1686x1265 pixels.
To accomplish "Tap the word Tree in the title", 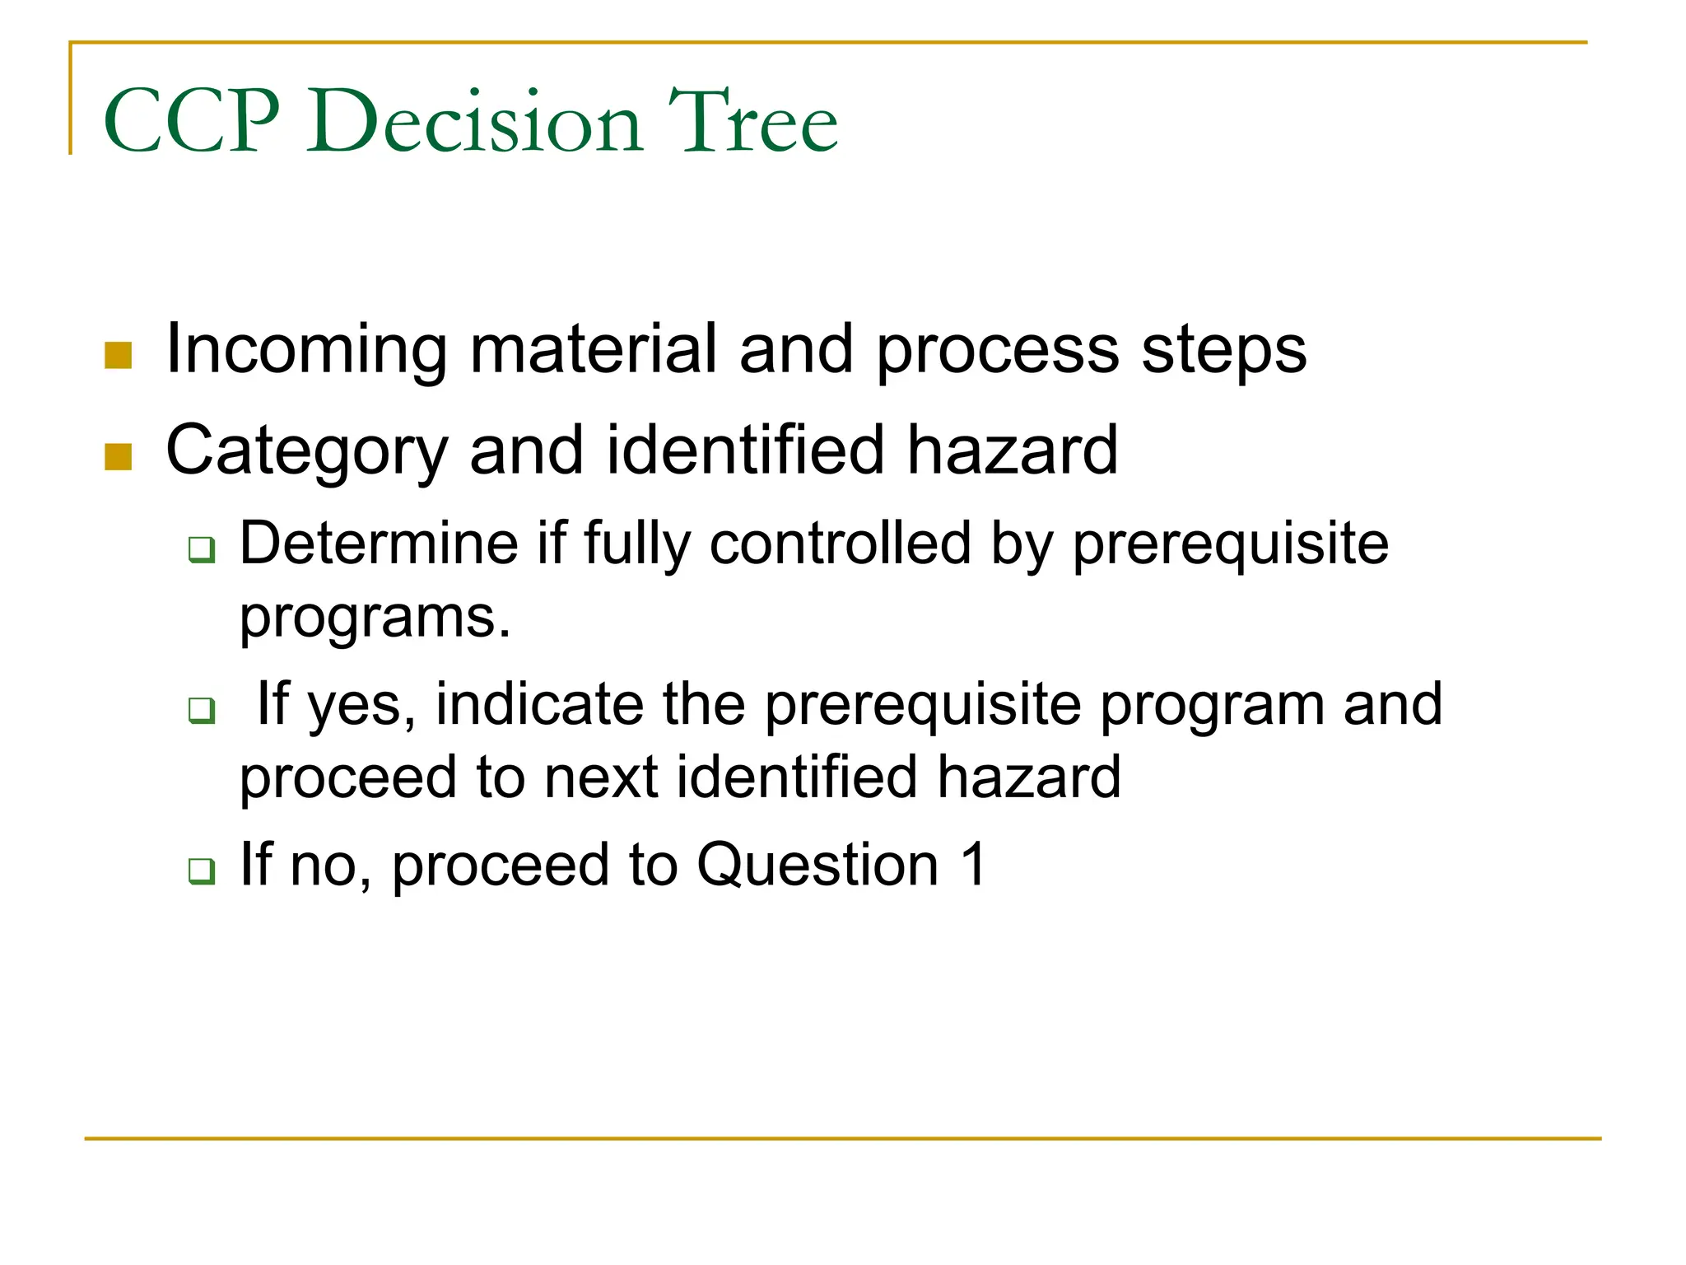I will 752,122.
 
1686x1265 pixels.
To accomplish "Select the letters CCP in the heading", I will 192,122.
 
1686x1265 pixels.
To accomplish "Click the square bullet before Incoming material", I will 119,356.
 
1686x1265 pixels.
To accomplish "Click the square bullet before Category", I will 119,457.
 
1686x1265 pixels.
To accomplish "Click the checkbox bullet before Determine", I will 202,549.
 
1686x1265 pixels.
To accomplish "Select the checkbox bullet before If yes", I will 202,710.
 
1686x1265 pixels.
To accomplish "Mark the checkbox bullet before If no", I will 202,871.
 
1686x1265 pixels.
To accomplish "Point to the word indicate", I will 539,704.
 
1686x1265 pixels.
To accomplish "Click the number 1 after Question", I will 973,865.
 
